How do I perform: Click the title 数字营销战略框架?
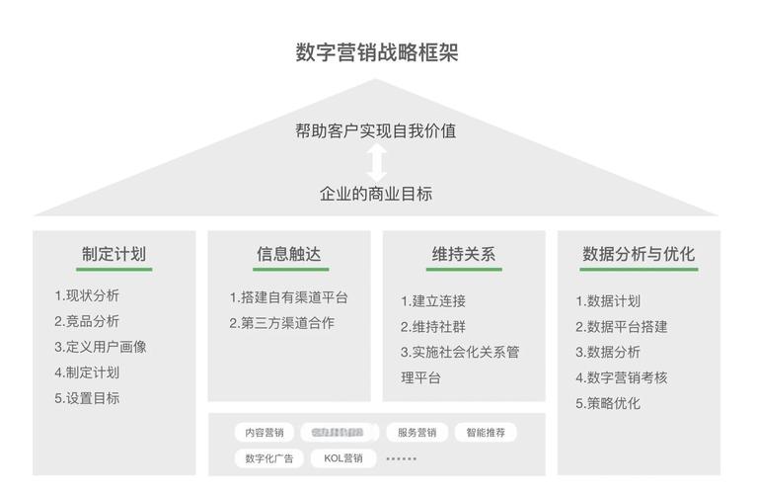(377, 52)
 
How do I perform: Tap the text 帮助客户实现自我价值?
(376, 130)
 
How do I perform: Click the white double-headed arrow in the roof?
(376, 161)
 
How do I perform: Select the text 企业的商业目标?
(376, 194)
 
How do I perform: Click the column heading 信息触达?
(288, 254)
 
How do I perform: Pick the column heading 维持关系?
(463, 254)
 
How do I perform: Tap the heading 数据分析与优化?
(639, 254)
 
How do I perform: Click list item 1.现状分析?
(87, 295)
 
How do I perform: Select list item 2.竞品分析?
(87, 321)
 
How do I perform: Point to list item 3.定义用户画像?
(100, 347)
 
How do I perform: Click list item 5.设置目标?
(87, 398)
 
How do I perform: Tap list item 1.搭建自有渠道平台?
(288, 297)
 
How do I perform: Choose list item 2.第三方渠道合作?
(281, 323)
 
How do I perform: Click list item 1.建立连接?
(432, 301)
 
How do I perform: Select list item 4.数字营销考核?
(621, 377)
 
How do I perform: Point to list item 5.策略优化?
(608, 403)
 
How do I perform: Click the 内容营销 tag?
(264, 433)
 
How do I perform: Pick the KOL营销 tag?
(343, 458)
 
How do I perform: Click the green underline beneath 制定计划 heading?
(114, 270)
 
